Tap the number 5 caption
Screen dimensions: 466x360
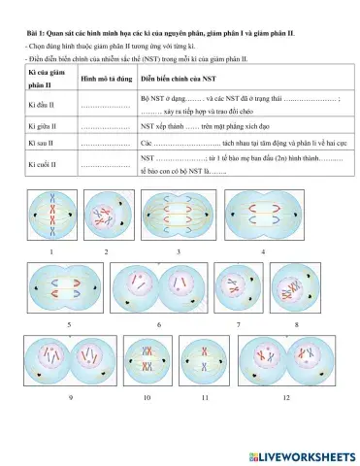69,321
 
